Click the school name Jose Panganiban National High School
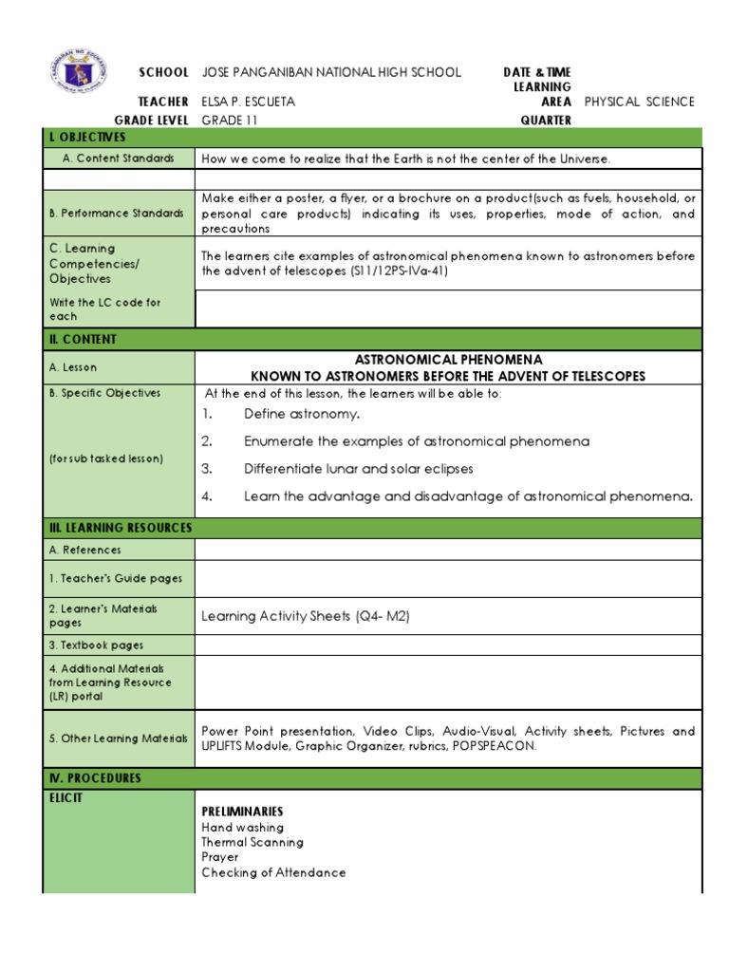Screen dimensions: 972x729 pos(331,72)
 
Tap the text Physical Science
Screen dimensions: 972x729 pos(640,102)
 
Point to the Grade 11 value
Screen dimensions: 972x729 pos(229,121)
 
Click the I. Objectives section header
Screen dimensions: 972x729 pos(86,139)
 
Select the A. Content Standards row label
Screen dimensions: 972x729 pos(119,159)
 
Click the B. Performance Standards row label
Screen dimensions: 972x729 pos(116,214)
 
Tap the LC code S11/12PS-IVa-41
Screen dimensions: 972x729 pos(392,271)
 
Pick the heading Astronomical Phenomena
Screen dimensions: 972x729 pos(448,360)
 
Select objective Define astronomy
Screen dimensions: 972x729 pos(302,414)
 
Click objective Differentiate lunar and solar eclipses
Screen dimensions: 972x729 pos(358,469)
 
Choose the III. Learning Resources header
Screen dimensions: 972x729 pos(120,528)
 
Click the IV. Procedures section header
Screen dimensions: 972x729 pos(94,778)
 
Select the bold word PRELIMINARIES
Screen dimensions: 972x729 pos(242,813)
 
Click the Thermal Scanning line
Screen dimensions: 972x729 pos(252,842)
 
